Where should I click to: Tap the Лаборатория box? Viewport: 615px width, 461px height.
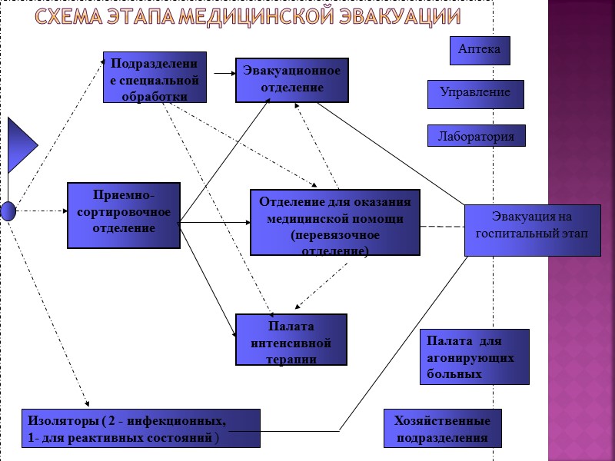point(476,136)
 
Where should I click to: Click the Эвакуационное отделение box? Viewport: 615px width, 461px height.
point(291,80)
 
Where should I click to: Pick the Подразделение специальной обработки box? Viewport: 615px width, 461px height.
point(155,77)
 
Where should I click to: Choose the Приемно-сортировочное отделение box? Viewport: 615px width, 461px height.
point(124,215)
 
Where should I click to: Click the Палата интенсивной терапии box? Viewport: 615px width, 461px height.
point(291,339)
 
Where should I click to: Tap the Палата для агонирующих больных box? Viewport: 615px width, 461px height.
point(474,357)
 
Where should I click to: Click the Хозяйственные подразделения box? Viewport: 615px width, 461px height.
point(442,429)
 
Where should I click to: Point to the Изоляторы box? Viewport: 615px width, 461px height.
point(141,429)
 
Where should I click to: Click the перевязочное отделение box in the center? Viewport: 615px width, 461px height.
point(335,222)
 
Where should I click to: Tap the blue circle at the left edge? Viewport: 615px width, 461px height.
point(8,211)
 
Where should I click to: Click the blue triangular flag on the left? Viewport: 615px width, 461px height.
point(20,145)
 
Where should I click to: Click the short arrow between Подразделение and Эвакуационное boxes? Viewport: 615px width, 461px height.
point(223,74)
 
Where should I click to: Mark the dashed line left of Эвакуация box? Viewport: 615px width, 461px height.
point(442,227)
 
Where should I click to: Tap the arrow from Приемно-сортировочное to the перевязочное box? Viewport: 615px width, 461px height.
point(215,223)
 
